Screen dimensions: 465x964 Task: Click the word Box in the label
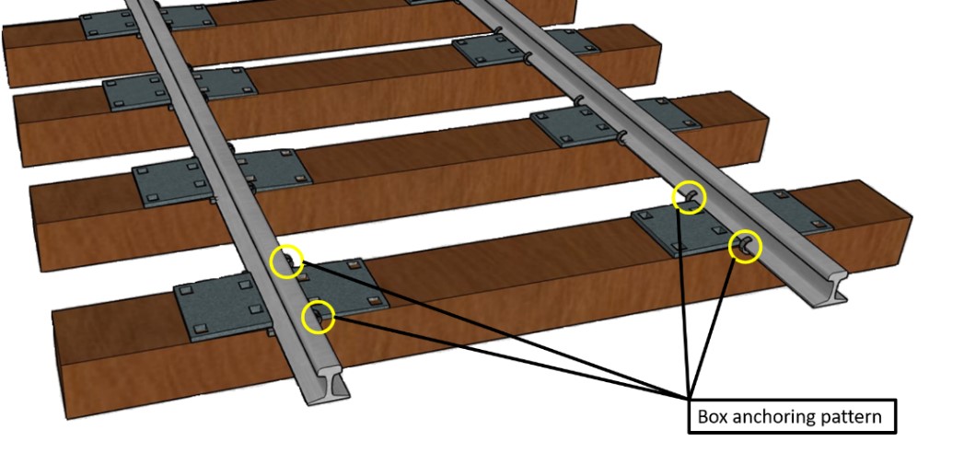(711, 416)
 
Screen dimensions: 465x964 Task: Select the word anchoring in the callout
(771, 416)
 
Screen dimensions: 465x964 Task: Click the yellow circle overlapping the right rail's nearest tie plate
(745, 247)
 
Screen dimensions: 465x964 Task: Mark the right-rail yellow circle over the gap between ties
(689, 197)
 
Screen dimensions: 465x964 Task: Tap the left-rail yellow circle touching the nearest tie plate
(319, 317)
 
